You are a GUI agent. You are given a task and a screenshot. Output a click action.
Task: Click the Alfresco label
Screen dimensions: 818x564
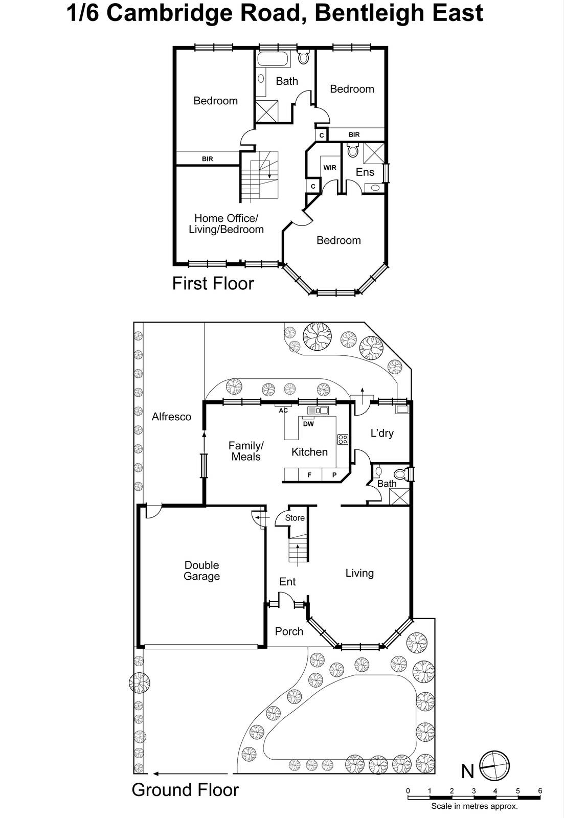pyautogui.click(x=171, y=417)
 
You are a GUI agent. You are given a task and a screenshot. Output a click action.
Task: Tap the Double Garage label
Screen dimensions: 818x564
pyautogui.click(x=201, y=571)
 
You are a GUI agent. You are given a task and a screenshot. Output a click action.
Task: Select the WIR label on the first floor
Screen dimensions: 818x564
pyautogui.click(x=330, y=168)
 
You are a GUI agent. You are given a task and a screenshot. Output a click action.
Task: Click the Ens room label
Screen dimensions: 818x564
pyautogui.click(x=365, y=172)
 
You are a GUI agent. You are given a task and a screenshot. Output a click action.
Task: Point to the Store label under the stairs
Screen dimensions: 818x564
pyautogui.click(x=295, y=518)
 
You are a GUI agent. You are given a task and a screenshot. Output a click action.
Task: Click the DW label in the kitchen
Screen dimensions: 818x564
pyautogui.click(x=308, y=424)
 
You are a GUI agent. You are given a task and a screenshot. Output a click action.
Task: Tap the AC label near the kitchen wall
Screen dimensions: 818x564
pyautogui.click(x=283, y=411)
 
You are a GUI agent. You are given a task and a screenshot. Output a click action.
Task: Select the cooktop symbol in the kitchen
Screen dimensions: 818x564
pyautogui.click(x=343, y=439)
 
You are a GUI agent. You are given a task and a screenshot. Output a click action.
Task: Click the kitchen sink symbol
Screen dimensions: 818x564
pyautogui.click(x=318, y=410)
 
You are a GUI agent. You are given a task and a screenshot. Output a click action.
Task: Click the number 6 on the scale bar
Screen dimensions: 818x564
pyautogui.click(x=540, y=791)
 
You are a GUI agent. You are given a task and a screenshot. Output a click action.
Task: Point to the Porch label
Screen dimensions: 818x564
pyautogui.click(x=289, y=631)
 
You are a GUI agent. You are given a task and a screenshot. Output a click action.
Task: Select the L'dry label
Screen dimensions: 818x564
pyautogui.click(x=382, y=434)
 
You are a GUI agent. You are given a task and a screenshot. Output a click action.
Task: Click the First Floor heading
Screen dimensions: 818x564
pyautogui.click(x=213, y=283)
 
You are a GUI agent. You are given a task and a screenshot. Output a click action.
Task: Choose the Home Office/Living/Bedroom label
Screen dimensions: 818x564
pyautogui.click(x=226, y=224)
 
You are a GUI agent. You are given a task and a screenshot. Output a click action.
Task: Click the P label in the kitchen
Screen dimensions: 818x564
pyautogui.click(x=334, y=475)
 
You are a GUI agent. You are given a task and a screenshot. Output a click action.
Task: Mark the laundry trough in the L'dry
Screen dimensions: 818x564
pyautogui.click(x=402, y=408)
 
